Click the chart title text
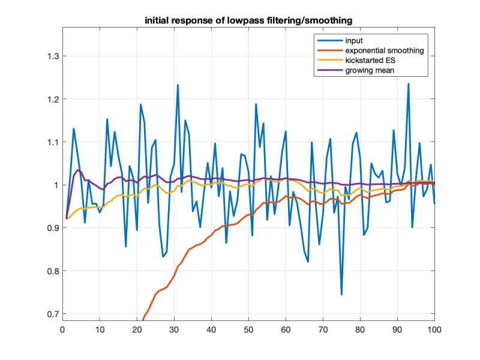click(248, 20)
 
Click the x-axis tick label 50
click(248, 329)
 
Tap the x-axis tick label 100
click(434, 329)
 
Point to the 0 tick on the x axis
click(62, 329)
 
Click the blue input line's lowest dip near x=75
click(341, 295)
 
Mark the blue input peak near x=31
click(178, 85)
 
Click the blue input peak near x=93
click(409, 84)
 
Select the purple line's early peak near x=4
click(77, 170)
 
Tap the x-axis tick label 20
click(137, 329)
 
